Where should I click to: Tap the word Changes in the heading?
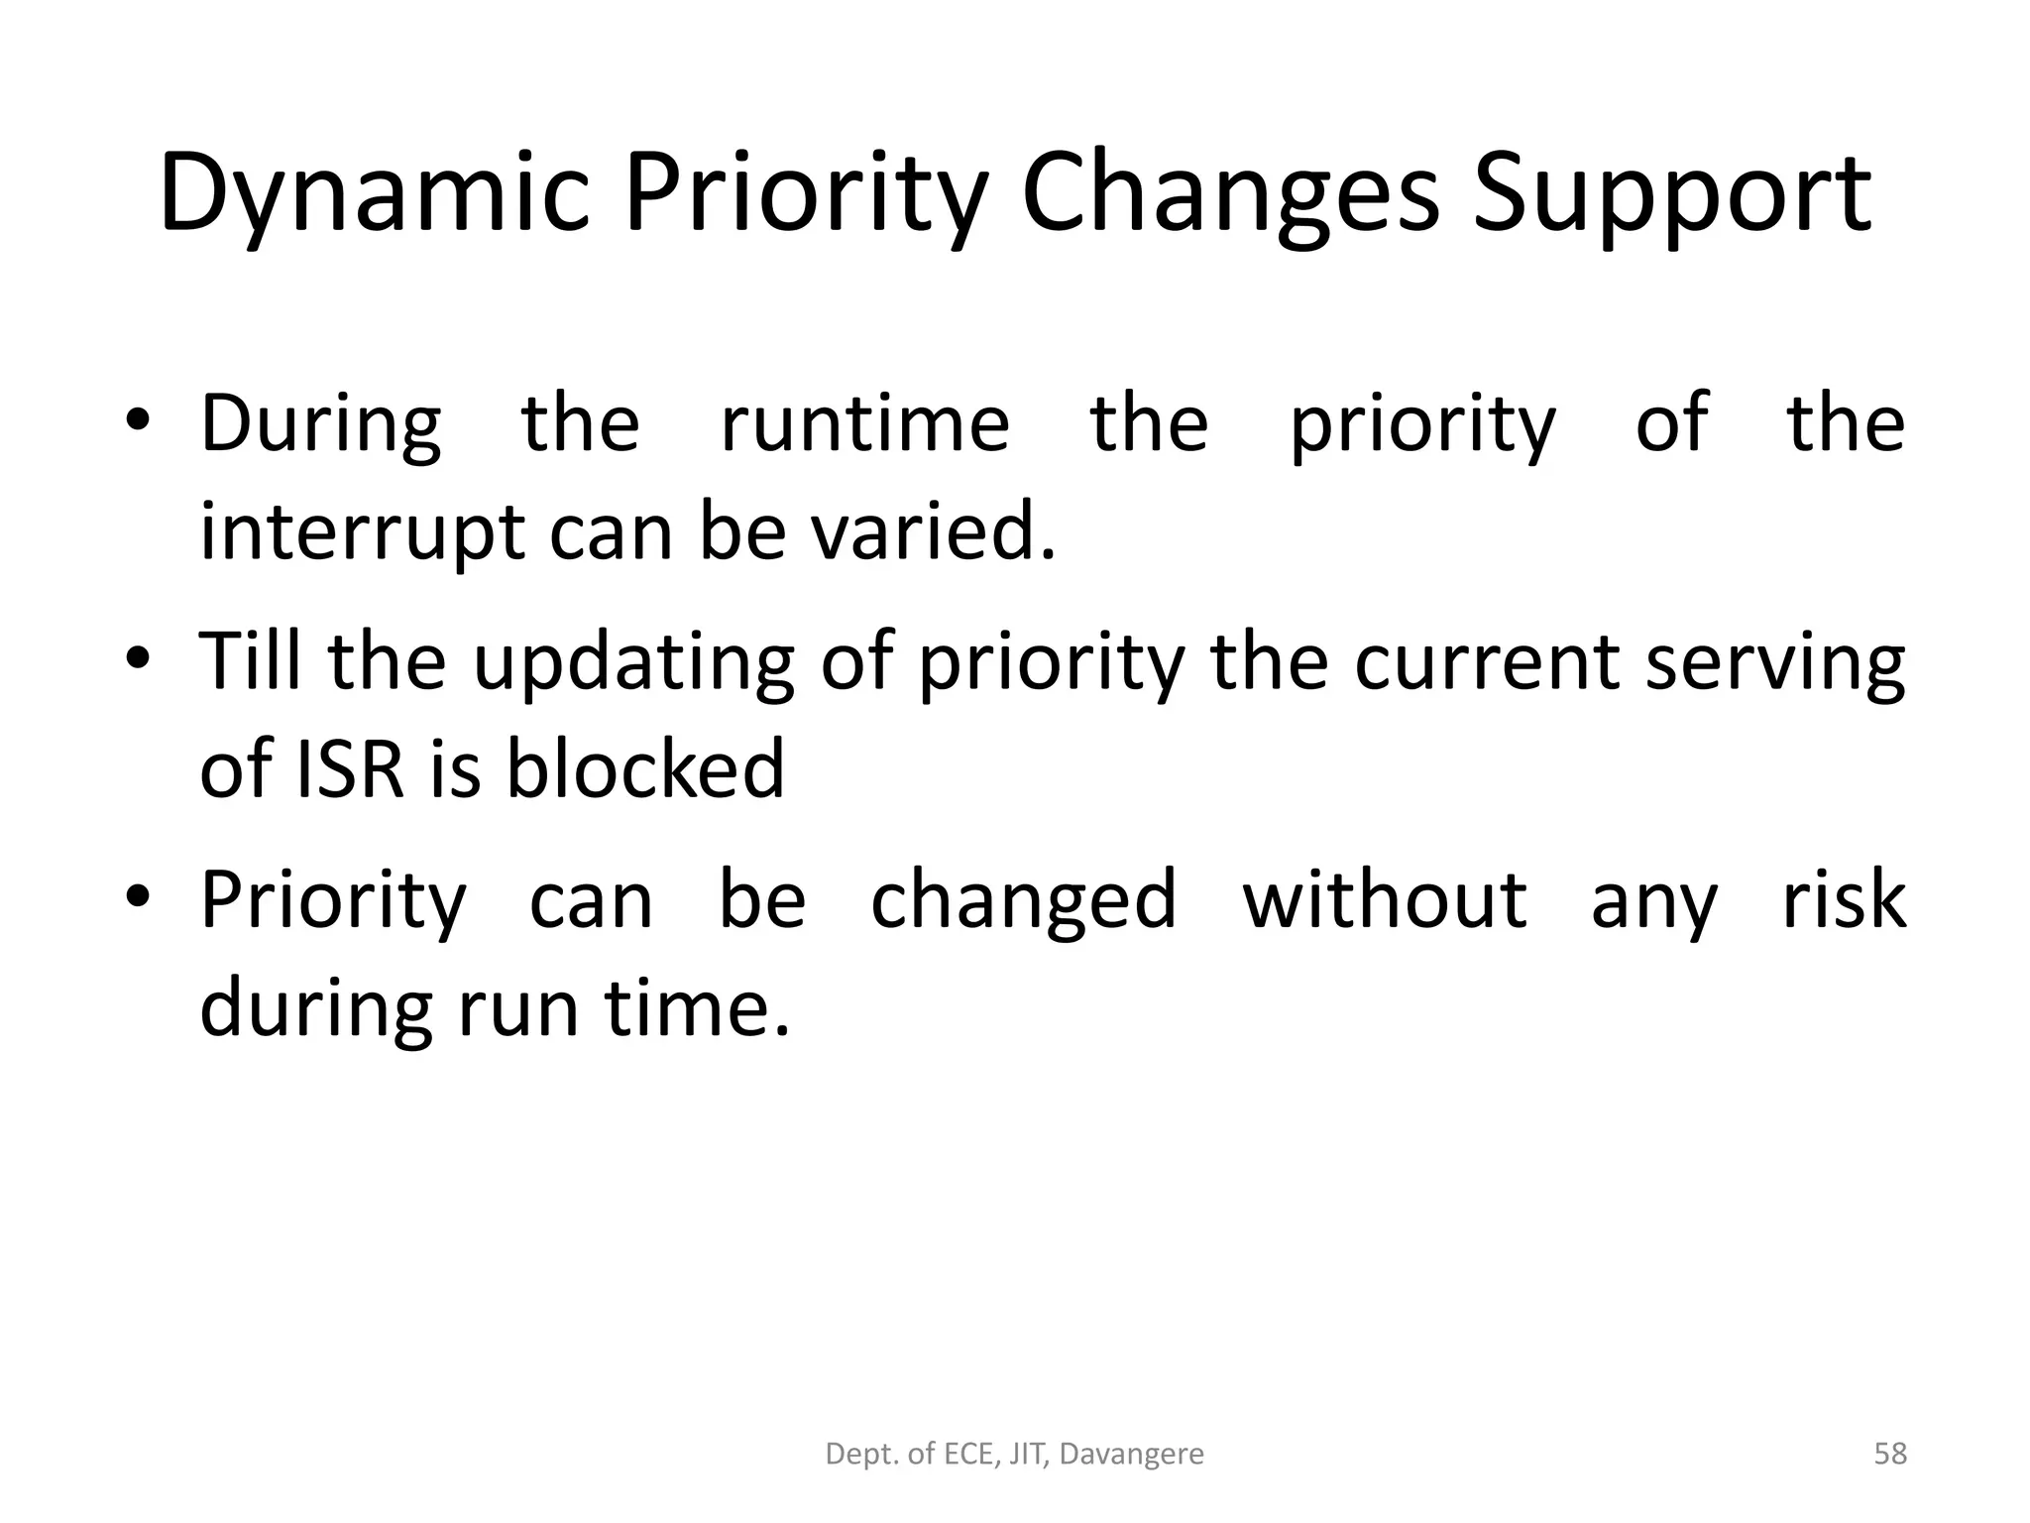(1229, 194)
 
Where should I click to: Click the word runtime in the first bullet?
(864, 424)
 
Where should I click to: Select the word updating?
(633, 662)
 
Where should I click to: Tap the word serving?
(1775, 662)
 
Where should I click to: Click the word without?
(1385, 899)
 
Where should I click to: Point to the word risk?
(1844, 899)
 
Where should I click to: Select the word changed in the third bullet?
(1023, 900)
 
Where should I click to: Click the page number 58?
(1890, 1454)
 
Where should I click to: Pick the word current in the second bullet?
(1486, 662)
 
